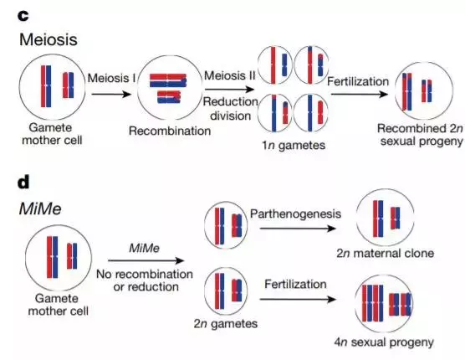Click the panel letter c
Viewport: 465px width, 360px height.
coord(23,16)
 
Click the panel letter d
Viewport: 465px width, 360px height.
coord(23,182)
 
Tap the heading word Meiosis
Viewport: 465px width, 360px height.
coord(49,39)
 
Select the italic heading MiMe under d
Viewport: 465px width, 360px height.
coord(40,208)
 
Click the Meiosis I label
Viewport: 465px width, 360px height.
coord(111,78)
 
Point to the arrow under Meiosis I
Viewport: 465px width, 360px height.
coord(111,95)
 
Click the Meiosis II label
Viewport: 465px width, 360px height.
coord(229,75)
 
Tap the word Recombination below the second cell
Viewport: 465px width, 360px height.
coord(170,131)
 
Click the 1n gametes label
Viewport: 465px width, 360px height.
coord(294,145)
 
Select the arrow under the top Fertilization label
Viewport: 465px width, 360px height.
coord(360,94)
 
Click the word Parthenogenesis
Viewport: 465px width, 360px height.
coord(295,213)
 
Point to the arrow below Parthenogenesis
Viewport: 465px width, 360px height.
coord(298,229)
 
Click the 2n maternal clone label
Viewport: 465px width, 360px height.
coord(385,253)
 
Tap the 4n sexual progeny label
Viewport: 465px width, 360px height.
coord(384,342)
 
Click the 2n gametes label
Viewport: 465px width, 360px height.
coord(225,323)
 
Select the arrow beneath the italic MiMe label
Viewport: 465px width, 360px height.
coord(146,260)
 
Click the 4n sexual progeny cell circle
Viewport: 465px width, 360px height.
coord(385,275)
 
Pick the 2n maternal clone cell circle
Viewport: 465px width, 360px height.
coord(385,189)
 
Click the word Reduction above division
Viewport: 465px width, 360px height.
coord(231,102)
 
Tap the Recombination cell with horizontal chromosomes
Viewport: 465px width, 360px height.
coord(170,55)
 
